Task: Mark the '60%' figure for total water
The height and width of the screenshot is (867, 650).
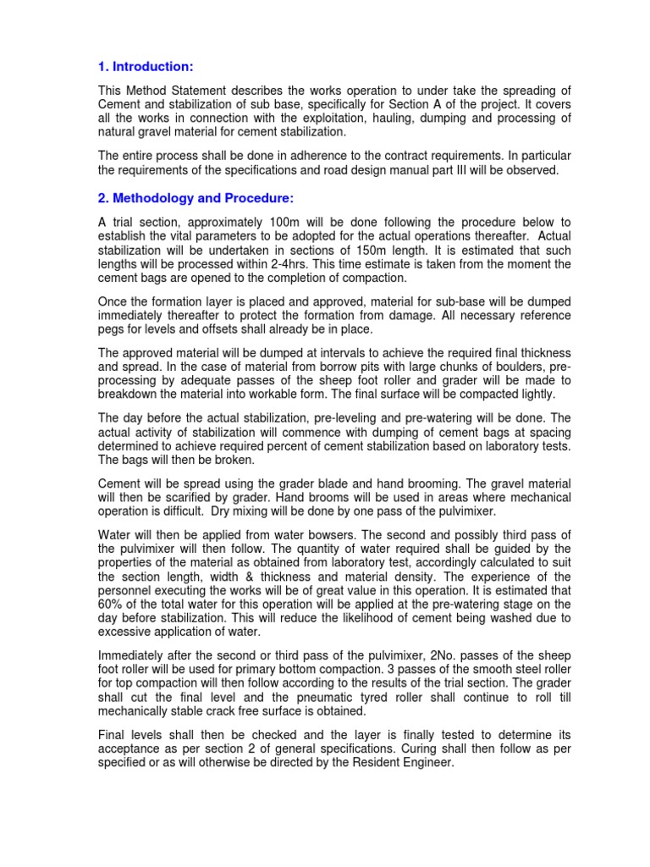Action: (x=114, y=603)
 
